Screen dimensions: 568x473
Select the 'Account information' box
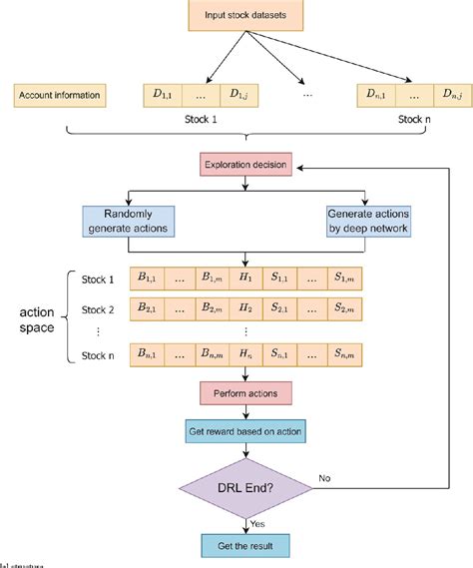pos(59,96)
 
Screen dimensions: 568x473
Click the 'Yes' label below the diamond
pos(255,524)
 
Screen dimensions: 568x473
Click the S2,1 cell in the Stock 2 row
pos(282,310)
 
